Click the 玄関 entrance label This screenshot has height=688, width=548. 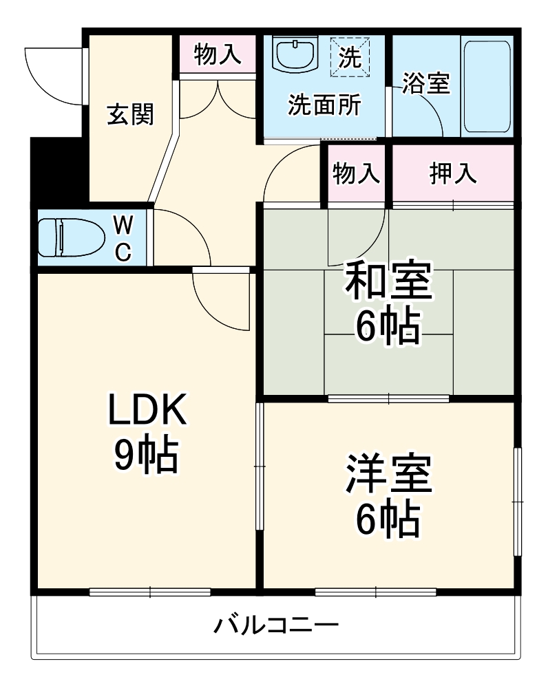pyautogui.click(x=129, y=114)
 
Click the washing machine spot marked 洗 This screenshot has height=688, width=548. pyautogui.click(x=350, y=55)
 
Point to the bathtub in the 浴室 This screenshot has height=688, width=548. pyautogui.click(x=487, y=86)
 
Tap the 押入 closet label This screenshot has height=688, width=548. pyautogui.click(x=453, y=173)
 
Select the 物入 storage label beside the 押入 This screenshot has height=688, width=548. pyautogui.click(x=357, y=173)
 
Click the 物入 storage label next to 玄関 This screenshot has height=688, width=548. pyautogui.click(x=218, y=55)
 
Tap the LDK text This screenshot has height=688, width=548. pyautogui.click(x=146, y=411)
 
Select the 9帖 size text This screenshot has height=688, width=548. pyautogui.click(x=146, y=455)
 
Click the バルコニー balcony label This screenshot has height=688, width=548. pyautogui.click(x=275, y=625)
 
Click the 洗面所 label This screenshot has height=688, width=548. pyautogui.click(x=324, y=105)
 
